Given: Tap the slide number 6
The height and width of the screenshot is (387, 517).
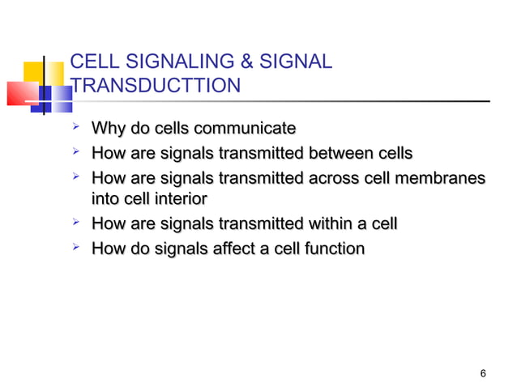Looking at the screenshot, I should click(483, 373).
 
